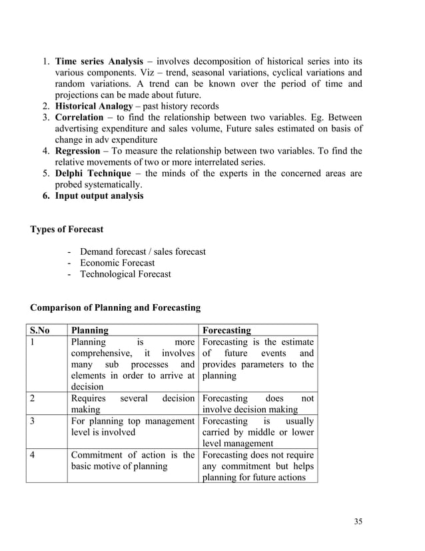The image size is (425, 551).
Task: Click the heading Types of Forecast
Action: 67,229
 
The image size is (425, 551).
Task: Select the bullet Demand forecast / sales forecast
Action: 143,251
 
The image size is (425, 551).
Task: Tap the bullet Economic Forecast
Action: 117,263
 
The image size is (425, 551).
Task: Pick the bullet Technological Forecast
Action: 125,274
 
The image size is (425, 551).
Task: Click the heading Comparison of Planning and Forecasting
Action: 115,308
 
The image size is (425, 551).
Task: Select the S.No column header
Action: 39,330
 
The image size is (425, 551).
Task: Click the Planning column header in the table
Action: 90,330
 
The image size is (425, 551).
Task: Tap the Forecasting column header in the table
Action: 226,330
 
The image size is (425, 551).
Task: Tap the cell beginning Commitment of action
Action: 132,460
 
